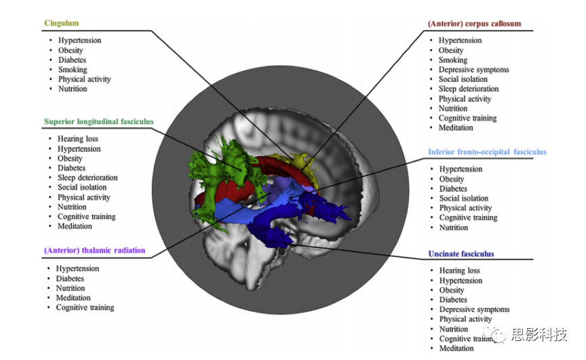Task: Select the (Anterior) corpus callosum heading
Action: click(x=474, y=24)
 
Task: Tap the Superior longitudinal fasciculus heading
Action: click(x=98, y=122)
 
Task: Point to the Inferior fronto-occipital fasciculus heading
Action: click(x=487, y=152)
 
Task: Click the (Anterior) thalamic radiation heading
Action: click(x=94, y=250)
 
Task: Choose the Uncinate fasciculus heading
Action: click(x=461, y=254)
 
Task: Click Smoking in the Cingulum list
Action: click(x=72, y=69)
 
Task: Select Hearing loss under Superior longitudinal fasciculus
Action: click(x=77, y=139)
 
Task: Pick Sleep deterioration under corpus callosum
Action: click(x=468, y=89)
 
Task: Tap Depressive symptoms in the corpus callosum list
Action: click(x=473, y=70)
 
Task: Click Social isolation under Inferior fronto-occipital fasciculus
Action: click(x=464, y=199)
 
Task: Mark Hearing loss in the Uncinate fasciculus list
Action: click(x=459, y=271)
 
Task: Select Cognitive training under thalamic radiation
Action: click(x=85, y=308)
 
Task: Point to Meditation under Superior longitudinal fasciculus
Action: click(x=75, y=226)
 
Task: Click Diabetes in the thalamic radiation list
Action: click(x=70, y=279)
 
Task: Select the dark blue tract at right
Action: click(x=326, y=210)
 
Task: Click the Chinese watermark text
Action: click(x=539, y=334)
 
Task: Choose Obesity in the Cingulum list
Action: click(x=71, y=50)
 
